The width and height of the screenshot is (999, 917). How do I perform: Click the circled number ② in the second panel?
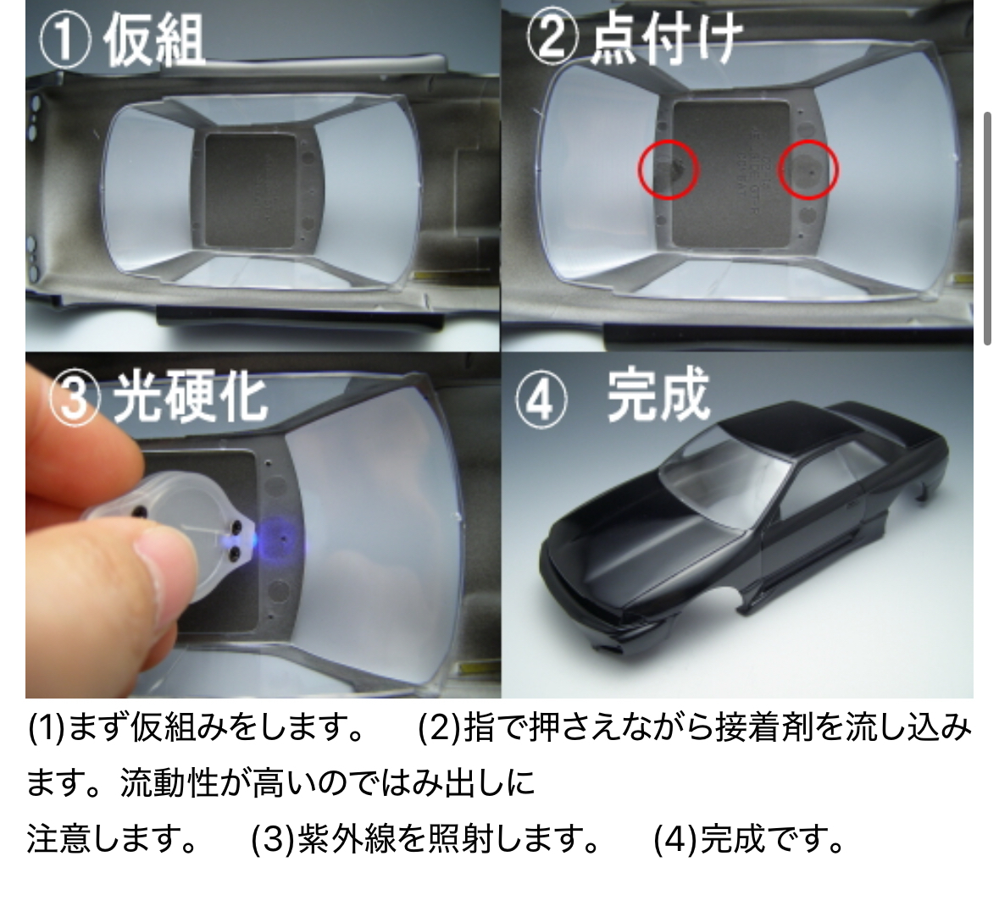(552, 37)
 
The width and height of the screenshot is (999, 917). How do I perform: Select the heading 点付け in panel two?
(666, 39)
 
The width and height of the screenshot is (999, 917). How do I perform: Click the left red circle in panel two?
(669, 169)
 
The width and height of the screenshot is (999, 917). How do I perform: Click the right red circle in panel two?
(808, 169)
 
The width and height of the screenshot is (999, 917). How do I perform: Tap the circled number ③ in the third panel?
(75, 398)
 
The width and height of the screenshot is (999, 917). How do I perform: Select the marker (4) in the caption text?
(675, 839)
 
